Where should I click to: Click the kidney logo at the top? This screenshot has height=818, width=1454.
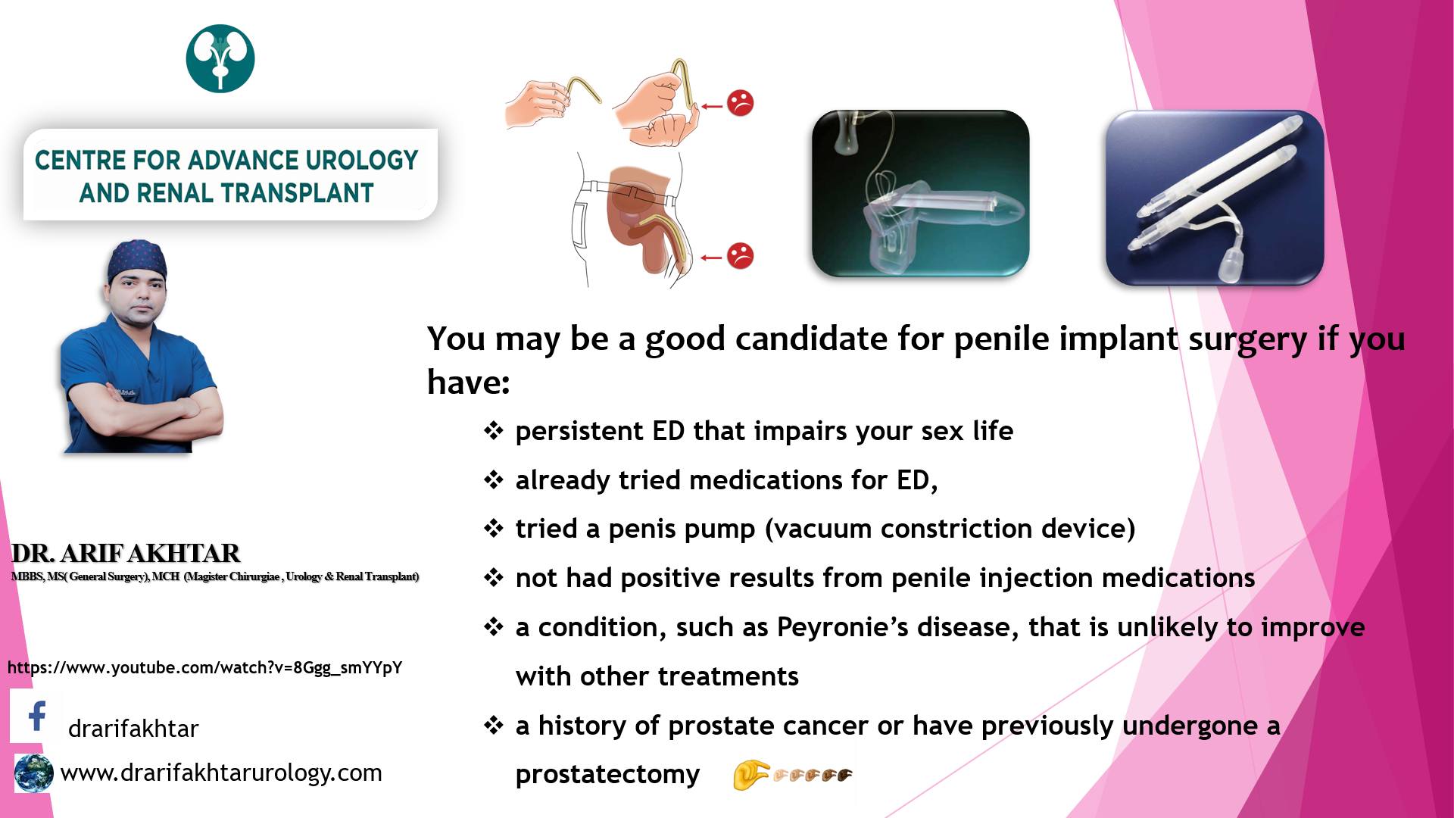tap(220, 58)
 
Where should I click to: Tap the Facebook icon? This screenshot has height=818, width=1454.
tap(36, 716)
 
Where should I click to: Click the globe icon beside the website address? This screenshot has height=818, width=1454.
tap(34, 773)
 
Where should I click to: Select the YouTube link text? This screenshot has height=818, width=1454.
tap(205, 667)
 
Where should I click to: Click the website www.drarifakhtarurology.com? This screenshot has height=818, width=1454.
tap(221, 773)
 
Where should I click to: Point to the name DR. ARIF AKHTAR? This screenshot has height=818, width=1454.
tap(126, 553)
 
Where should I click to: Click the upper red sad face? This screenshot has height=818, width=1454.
tap(740, 103)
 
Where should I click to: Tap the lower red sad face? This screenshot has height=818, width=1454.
tap(740, 255)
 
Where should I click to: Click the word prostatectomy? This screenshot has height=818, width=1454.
tap(607, 774)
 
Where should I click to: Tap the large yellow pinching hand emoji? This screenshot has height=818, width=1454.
tap(750, 775)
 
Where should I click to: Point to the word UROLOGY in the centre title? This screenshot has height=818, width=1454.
tap(362, 160)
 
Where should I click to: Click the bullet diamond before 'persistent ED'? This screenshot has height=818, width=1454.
tap(494, 431)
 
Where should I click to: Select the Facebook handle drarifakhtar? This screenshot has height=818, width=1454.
tap(133, 728)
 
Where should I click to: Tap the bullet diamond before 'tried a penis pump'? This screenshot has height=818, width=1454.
tap(494, 529)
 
